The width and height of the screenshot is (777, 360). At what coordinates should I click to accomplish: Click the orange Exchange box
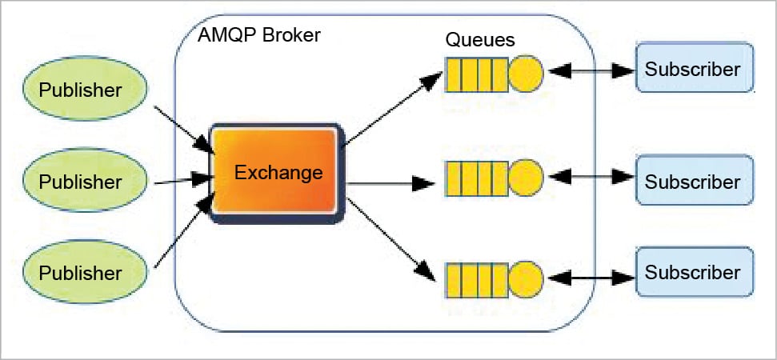pos(274,170)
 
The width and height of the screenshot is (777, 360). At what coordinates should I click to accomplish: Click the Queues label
pos(479,39)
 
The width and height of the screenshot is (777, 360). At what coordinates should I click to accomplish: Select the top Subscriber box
pos(693,69)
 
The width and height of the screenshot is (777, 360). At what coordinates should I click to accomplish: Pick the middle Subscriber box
pos(693,181)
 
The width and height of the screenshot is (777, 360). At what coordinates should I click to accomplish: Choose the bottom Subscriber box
pos(693,272)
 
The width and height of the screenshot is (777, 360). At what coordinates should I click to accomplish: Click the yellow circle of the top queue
pos(526,73)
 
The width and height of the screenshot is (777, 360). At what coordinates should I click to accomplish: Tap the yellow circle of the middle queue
pos(526,176)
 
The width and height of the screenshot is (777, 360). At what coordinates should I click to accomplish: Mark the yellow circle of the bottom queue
pos(526,278)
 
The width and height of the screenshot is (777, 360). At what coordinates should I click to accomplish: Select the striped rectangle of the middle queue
pos(476,176)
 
